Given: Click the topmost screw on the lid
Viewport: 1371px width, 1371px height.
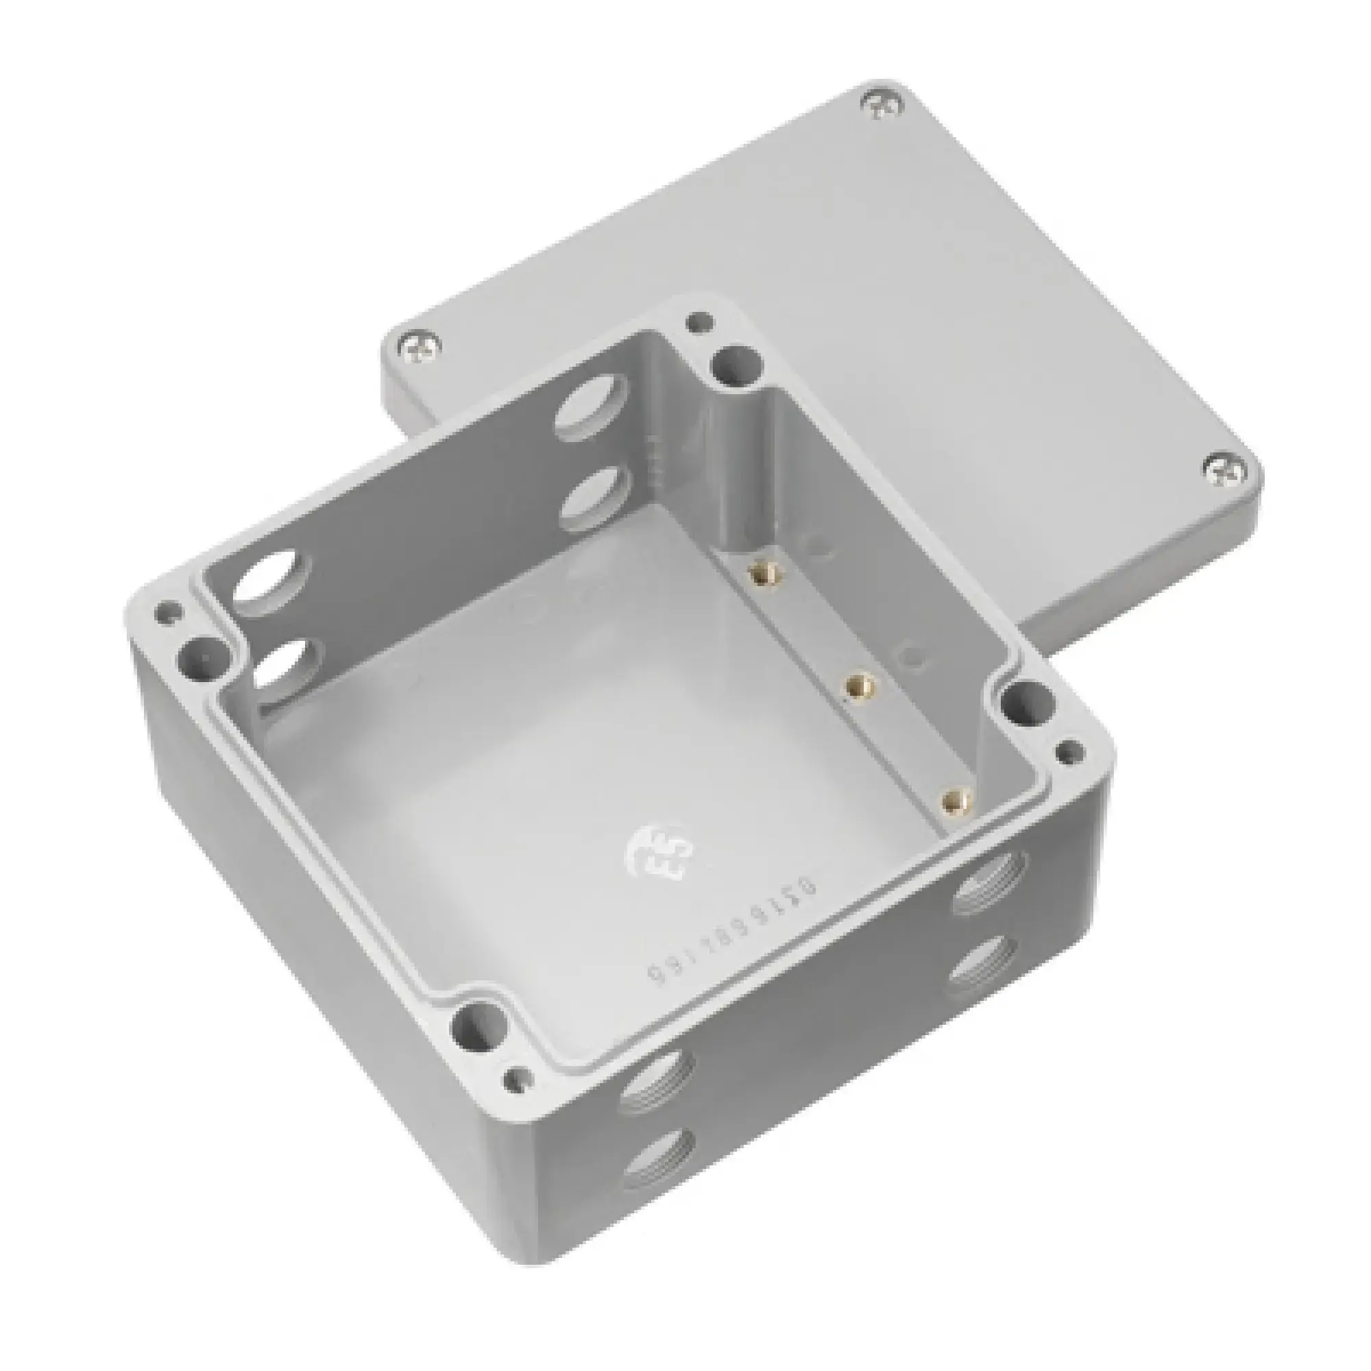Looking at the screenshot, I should pyautogui.click(x=884, y=104).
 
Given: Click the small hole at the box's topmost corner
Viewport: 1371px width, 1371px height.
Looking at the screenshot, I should pyautogui.click(x=700, y=323).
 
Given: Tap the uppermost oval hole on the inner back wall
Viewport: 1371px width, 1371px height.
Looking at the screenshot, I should pyautogui.click(x=594, y=409).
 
